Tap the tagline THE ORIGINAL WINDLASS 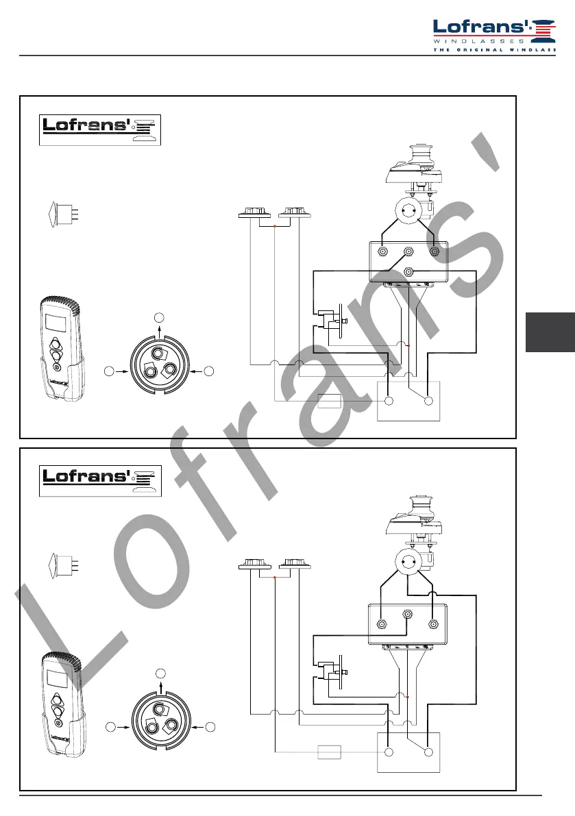coord(494,50)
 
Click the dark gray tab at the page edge coord(550,332)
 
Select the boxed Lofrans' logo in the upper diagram coord(100,130)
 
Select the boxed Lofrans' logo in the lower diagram coord(100,481)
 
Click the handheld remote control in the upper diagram coord(62,349)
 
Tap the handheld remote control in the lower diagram coord(64,704)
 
